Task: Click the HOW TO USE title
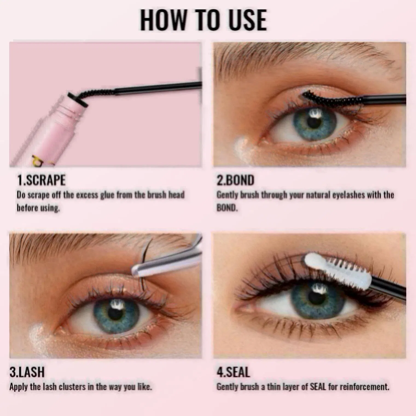pos(203,20)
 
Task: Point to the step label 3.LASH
pos(27,372)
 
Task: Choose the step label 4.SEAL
pos(233,372)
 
